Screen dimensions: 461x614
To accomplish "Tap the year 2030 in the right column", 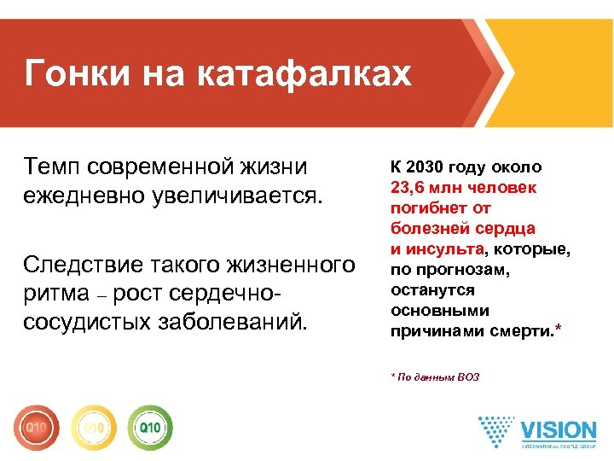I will (428, 166).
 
